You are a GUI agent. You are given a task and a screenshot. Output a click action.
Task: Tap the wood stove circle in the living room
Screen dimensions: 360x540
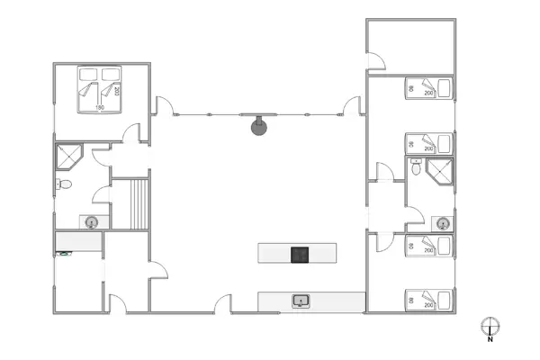pos(259,126)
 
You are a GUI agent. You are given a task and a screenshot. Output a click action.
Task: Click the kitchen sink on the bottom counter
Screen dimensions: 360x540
pos(301,301)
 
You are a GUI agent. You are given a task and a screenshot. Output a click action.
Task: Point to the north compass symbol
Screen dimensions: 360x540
pos(489,326)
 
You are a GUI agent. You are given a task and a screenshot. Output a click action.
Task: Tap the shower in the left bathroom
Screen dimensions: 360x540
pos(67,157)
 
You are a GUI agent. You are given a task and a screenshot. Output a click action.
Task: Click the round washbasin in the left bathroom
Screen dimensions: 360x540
pos(91,221)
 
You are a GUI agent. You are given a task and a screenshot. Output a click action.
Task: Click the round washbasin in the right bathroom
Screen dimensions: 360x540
pos(441,222)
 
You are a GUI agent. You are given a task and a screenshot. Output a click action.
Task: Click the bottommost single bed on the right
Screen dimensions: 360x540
pos(430,300)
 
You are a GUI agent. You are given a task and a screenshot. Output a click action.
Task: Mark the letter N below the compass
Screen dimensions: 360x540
pos(489,340)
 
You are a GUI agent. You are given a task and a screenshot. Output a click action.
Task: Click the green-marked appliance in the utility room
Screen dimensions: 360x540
pos(63,254)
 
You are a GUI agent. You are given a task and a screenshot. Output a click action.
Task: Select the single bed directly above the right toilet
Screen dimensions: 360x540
pos(430,142)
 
